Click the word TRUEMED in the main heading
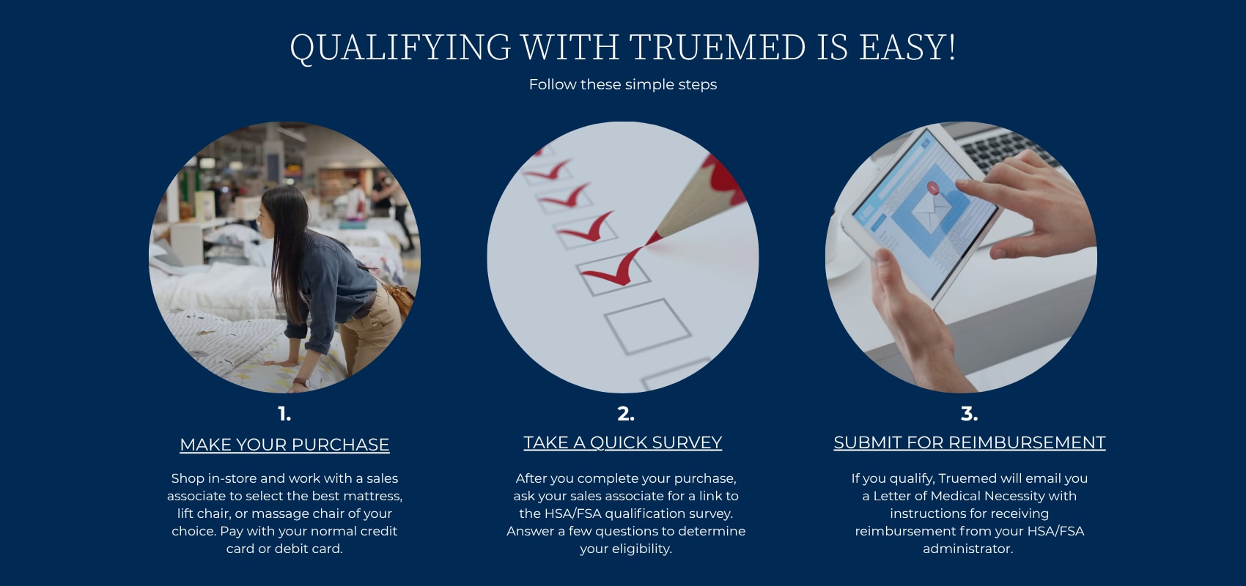tap(717, 47)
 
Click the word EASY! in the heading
tap(907, 47)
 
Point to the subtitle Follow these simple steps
tap(622, 84)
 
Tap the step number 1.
tap(284, 414)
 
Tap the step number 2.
tap(626, 414)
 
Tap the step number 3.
tap(969, 414)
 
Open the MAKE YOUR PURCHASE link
tap(284, 445)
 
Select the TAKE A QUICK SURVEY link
tap(622, 442)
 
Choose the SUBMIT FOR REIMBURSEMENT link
tap(969, 442)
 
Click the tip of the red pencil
tap(647, 244)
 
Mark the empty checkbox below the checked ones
tap(647, 326)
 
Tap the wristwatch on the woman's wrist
tap(301, 382)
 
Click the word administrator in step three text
tap(968, 549)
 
